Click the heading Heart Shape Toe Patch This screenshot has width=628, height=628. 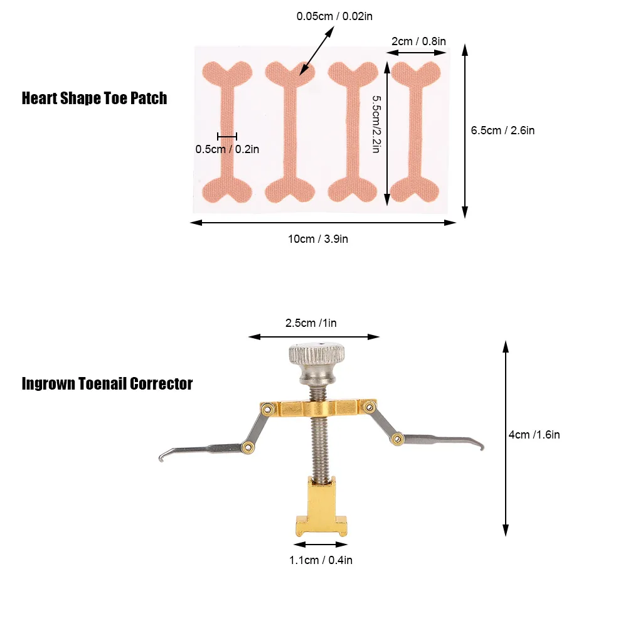tap(94, 98)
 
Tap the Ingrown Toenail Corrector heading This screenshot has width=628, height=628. tap(107, 384)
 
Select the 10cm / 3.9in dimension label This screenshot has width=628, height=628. tap(318, 239)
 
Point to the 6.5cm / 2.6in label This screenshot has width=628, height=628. tap(503, 130)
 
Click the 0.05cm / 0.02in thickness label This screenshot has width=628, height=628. tap(334, 16)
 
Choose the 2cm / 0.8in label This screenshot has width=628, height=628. tap(418, 41)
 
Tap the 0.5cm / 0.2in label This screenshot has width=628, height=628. tap(227, 149)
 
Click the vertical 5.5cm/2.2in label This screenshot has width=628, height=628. tap(376, 124)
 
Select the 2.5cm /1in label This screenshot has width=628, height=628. tap(311, 323)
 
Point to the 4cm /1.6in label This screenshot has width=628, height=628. tap(535, 435)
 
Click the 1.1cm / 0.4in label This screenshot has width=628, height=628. tap(321, 560)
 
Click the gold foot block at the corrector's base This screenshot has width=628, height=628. tap(321, 506)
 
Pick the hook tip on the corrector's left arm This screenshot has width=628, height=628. tap(161, 458)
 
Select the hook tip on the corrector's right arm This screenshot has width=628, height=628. tap(482, 445)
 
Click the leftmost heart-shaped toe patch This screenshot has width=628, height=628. tap(227, 132)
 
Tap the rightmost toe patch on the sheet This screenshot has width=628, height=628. tap(415, 132)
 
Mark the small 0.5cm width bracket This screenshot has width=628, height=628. tap(227, 137)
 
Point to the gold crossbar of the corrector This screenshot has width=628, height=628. tap(319, 408)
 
